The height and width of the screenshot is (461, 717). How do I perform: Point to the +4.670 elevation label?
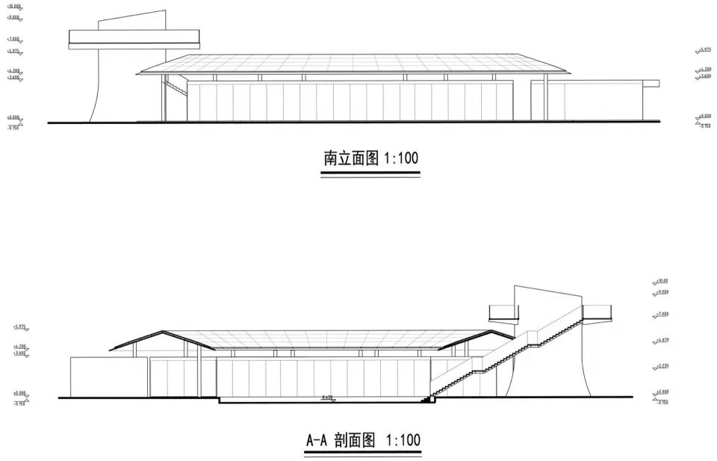[662, 340]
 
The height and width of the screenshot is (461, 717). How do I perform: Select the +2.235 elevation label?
[662, 366]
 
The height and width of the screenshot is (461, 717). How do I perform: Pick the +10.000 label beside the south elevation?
[13, 6]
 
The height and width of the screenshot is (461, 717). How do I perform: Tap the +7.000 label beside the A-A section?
[662, 315]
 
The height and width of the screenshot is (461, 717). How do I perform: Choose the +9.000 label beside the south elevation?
[13, 16]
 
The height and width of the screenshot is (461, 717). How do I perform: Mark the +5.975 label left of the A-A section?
[19, 327]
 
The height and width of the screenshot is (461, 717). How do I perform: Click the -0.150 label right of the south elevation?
[704, 126]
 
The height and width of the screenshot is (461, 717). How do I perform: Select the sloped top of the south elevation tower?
[131, 16]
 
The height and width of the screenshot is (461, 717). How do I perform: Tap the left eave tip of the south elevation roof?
[140, 72]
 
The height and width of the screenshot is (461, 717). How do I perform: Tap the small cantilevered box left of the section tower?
[502, 312]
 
